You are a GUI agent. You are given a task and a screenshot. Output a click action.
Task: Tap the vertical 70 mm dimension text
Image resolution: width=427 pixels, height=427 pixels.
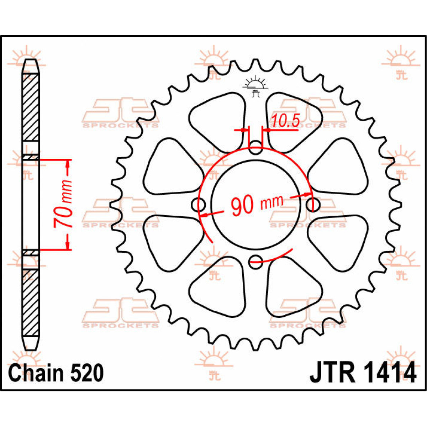[63, 204]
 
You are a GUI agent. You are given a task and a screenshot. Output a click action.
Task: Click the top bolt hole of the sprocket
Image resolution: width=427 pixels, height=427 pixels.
[255, 147]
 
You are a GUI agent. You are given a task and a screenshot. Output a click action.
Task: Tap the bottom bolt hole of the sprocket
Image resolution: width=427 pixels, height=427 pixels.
[255, 262]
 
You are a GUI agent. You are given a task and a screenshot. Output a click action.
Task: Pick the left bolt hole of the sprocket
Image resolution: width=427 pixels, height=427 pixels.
[198, 205]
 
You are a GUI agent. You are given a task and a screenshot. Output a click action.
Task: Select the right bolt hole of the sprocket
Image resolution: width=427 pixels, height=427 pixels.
[313, 205]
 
